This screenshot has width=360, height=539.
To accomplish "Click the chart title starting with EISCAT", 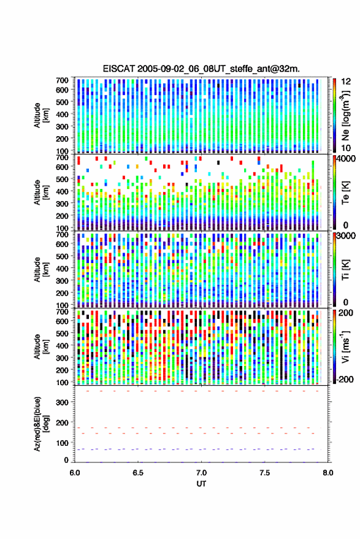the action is (x=201, y=69).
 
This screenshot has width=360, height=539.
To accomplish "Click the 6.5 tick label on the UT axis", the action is (x=138, y=473).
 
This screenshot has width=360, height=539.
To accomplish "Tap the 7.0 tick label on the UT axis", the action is (x=201, y=473).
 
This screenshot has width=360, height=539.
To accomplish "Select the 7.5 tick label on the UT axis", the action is (x=264, y=473).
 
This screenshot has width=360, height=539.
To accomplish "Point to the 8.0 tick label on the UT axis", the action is (x=327, y=473).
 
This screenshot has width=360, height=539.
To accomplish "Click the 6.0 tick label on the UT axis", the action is (x=75, y=473).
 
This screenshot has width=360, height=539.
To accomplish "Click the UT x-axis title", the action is (x=201, y=484).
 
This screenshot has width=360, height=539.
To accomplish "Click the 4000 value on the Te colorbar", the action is (x=346, y=159).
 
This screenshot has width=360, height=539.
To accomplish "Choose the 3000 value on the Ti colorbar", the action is (x=346, y=236).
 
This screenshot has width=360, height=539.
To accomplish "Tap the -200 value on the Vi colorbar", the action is (x=344, y=380).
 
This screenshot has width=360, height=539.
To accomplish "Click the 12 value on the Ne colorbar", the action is (x=347, y=82).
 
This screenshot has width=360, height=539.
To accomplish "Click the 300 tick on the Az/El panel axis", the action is (x=63, y=402).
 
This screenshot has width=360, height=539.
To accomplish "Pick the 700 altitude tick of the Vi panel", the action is (x=62, y=312).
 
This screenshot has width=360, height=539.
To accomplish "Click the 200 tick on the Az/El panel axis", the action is (x=63, y=422).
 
